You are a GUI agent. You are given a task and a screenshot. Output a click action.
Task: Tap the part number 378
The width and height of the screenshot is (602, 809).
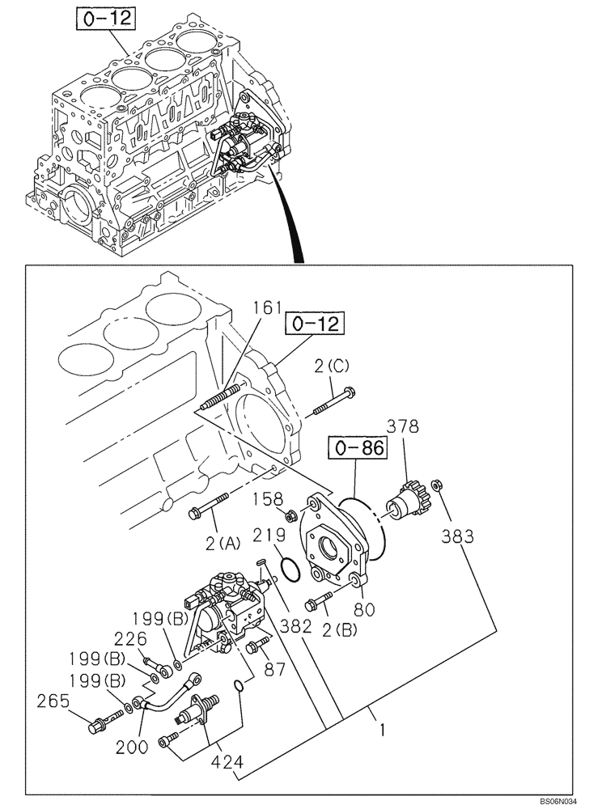402,426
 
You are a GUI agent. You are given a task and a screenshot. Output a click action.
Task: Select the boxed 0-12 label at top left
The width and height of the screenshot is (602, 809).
104,17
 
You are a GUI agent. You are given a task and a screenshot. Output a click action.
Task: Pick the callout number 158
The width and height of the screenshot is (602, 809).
266,499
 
